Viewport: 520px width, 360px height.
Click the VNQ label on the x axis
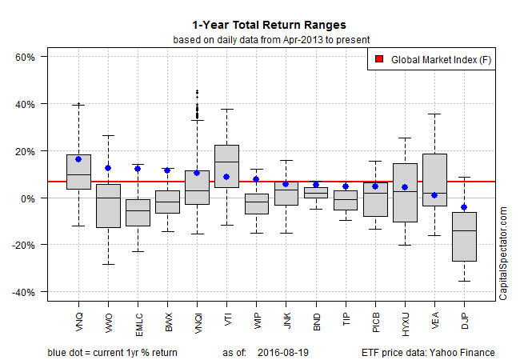[78, 320]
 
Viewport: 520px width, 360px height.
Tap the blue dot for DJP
[463, 207]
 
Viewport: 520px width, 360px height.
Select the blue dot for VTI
[226, 177]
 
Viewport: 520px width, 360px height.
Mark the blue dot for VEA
[434, 195]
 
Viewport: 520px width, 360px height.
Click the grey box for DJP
[463, 237]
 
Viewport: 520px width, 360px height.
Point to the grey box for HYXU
[404, 192]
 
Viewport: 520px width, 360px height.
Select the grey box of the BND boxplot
[315, 192]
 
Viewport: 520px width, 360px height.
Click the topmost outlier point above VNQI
[197, 92]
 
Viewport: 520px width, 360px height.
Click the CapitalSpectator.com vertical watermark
[503, 253]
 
